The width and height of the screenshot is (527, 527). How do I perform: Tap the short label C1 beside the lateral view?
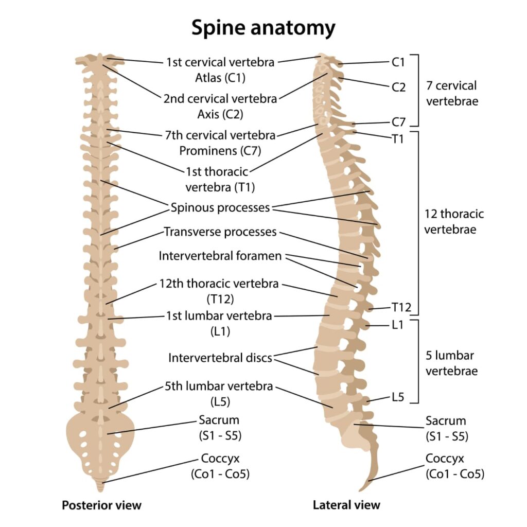pyautogui.click(x=398, y=62)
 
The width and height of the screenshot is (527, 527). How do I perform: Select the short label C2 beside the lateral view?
pyautogui.click(x=398, y=87)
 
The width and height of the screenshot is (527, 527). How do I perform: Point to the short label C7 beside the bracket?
pyautogui.click(x=398, y=122)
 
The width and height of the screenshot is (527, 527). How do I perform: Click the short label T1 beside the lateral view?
pyautogui.click(x=397, y=138)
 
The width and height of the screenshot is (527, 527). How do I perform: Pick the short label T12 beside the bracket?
pyautogui.click(x=401, y=308)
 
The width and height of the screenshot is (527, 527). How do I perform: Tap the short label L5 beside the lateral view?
pyautogui.click(x=398, y=397)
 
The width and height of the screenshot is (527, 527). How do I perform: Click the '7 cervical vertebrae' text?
pyautogui.click(x=452, y=93)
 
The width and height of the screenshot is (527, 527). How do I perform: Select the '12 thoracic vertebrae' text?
pyautogui.click(x=454, y=221)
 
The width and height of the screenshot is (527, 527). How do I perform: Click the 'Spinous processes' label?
pyautogui.click(x=220, y=208)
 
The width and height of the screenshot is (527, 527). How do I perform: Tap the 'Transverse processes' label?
pyautogui.click(x=220, y=232)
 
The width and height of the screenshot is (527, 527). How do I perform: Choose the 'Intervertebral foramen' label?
pyautogui.click(x=220, y=256)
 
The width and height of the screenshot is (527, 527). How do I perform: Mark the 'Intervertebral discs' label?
pyautogui.click(x=220, y=358)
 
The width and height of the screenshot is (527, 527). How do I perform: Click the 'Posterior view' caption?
pyautogui.click(x=101, y=505)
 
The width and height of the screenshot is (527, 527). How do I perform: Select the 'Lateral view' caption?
pyautogui.click(x=346, y=505)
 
